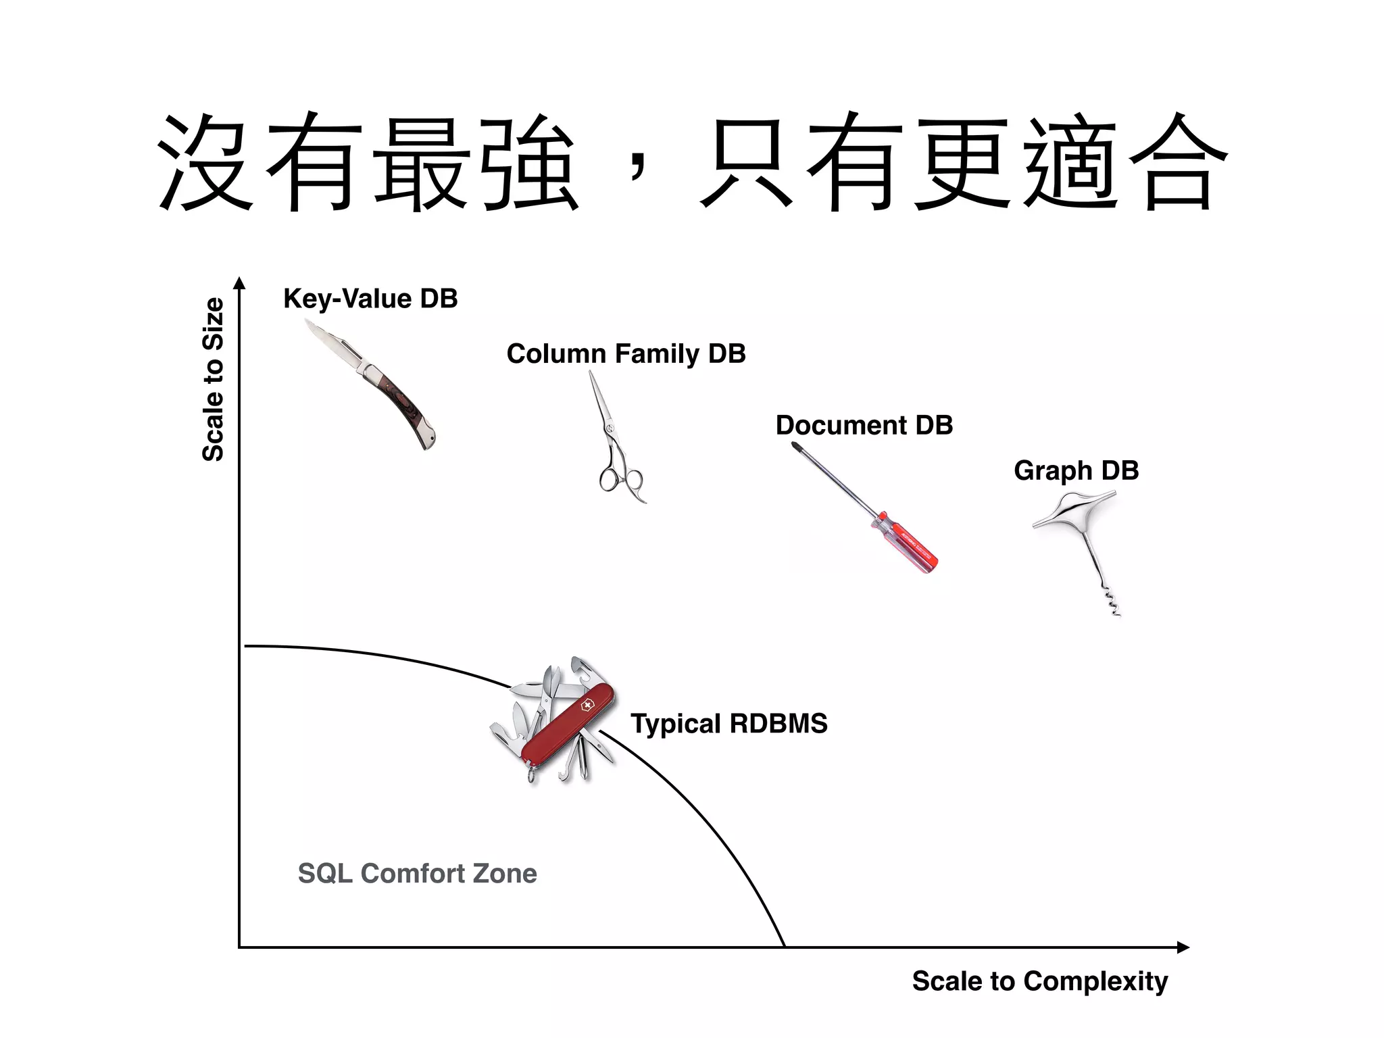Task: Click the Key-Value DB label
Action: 370,299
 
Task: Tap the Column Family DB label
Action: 626,354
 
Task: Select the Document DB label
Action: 864,426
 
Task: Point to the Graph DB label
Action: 1076,470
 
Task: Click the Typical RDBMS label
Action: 728,724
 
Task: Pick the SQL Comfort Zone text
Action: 417,873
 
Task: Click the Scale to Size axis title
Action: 213,379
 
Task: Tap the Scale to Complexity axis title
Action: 1039,981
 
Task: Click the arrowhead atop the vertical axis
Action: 239,283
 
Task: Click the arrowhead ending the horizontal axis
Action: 1182,947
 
